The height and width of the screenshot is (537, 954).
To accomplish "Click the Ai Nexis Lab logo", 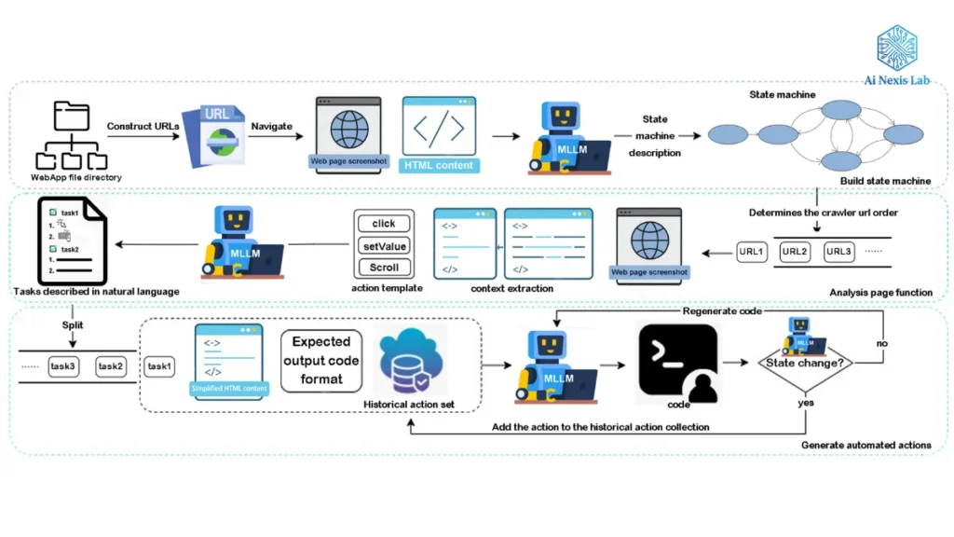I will click(896, 56).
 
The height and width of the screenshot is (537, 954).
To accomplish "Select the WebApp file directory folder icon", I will click(71, 136).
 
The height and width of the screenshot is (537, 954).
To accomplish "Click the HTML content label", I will click(438, 165).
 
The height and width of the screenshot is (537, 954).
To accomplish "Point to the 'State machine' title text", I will click(782, 94).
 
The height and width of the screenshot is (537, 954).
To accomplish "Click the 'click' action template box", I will click(384, 224).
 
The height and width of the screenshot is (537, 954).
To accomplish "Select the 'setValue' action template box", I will click(384, 245).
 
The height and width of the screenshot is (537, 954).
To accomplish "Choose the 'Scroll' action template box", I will click(384, 268).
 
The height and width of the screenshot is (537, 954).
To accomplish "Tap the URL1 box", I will click(752, 252).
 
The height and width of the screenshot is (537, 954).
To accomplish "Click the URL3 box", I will click(838, 252).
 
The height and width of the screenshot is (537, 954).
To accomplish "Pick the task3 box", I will click(64, 366).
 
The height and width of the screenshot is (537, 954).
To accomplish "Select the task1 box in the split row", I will click(159, 366).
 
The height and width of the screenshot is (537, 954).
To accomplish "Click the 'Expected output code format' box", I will click(321, 361).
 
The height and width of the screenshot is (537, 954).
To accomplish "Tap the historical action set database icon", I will click(410, 364).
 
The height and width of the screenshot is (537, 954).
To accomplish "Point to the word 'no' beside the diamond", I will click(881, 343).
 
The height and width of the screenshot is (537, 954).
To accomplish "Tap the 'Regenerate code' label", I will click(722, 311).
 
